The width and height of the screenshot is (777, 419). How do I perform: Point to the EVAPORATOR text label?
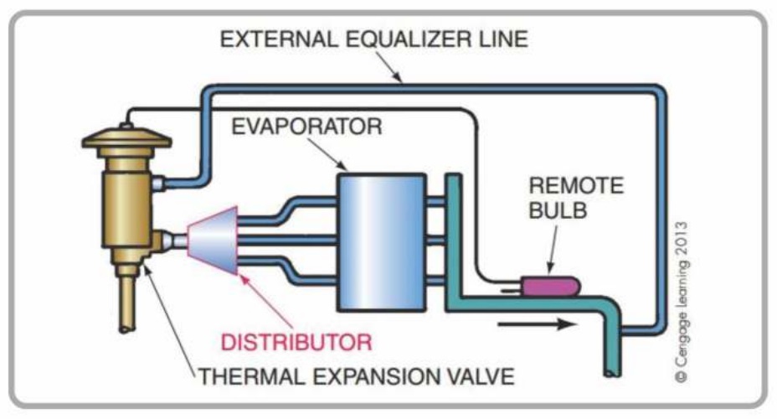[x=310, y=127]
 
